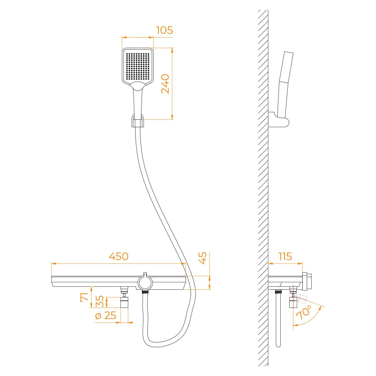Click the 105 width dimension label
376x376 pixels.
[164, 30]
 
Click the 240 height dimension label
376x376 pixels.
[165, 84]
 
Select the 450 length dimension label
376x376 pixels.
[119, 256]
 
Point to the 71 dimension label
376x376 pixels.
[85, 297]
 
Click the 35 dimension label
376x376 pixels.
[100, 301]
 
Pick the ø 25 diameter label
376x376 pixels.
[106, 316]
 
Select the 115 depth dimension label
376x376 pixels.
[285, 256]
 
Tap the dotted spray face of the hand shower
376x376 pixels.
[138, 65]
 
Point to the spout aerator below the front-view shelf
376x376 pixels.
[124, 303]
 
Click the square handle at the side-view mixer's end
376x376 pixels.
[307, 281]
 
